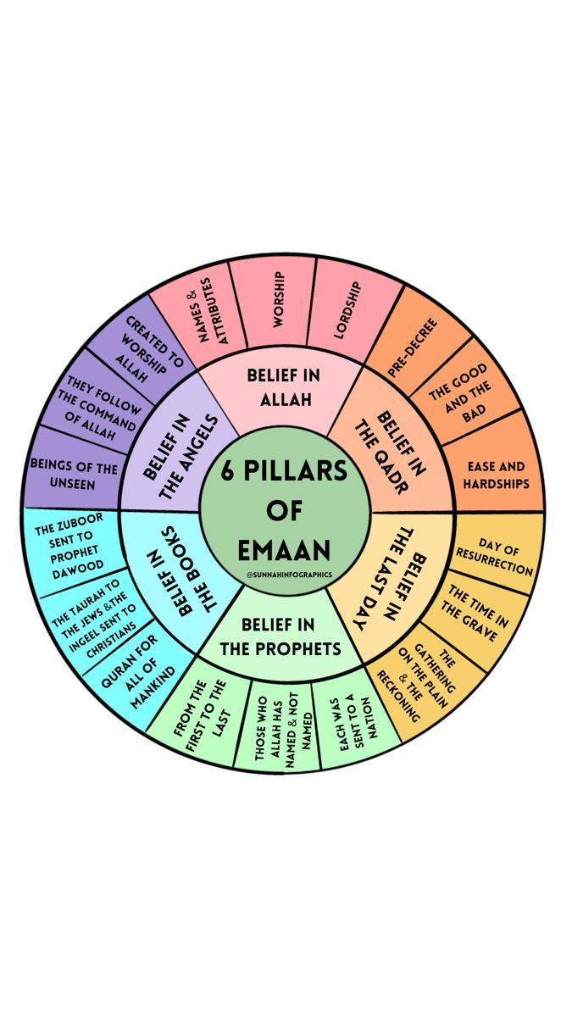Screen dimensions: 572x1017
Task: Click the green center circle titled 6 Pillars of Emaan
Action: [x=285, y=510]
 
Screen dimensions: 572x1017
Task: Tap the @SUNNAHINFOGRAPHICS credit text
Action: [x=289, y=575]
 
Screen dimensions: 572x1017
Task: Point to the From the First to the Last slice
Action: [x=200, y=715]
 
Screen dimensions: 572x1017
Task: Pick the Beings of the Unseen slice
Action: [x=74, y=472]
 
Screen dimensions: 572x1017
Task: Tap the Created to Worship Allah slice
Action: [x=145, y=345]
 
